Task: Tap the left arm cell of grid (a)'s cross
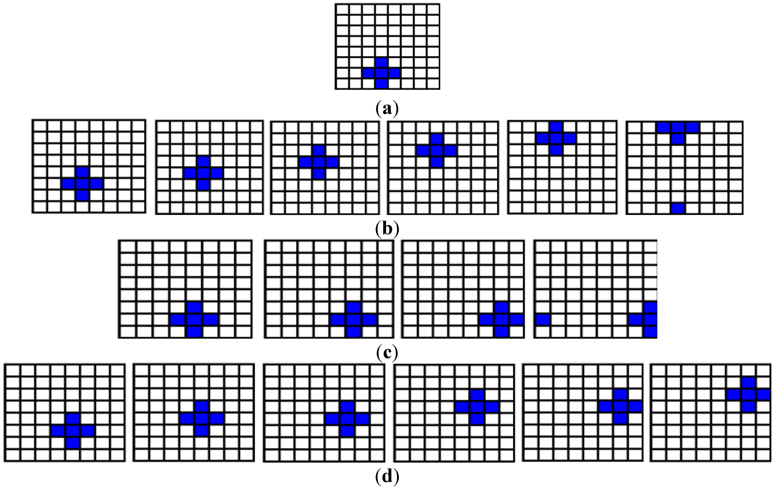pyautogui.click(x=369, y=73)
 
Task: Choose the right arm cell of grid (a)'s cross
pyautogui.click(x=394, y=73)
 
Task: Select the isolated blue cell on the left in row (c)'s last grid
pyautogui.click(x=543, y=320)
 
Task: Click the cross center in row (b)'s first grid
pyautogui.click(x=83, y=184)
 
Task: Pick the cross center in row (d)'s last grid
pyautogui.click(x=749, y=395)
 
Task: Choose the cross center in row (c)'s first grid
pyautogui.click(x=194, y=320)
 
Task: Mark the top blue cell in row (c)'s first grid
pyautogui.click(x=194, y=308)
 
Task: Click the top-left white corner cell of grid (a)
pyautogui.click(x=343, y=10)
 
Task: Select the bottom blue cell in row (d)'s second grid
pyautogui.click(x=202, y=431)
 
